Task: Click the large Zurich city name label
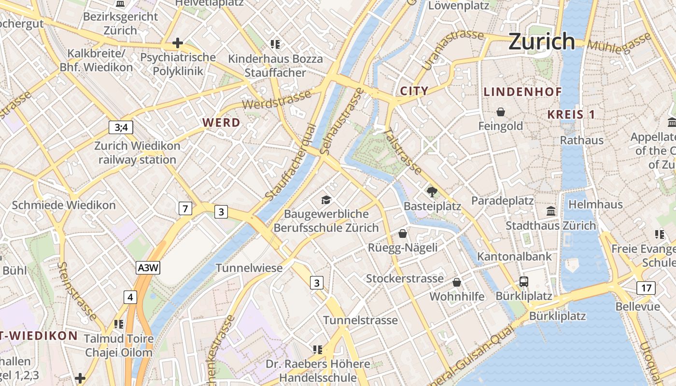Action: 542,41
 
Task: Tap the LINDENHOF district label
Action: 523,92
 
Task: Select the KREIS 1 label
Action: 571,114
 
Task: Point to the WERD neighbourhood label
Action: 222,123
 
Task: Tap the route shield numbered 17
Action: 646,289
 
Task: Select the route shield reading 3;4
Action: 121,127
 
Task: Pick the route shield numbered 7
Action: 185,208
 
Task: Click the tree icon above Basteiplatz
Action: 432,192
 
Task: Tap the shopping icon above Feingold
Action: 501,112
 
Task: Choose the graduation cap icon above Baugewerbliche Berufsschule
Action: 326,199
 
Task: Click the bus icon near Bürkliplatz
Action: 524,281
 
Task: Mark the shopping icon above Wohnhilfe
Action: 457,282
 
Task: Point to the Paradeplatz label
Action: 502,200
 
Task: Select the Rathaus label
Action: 581,140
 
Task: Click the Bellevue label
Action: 637,306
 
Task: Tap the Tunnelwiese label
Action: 249,268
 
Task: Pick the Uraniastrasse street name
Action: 452,49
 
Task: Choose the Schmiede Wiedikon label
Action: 64,205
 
